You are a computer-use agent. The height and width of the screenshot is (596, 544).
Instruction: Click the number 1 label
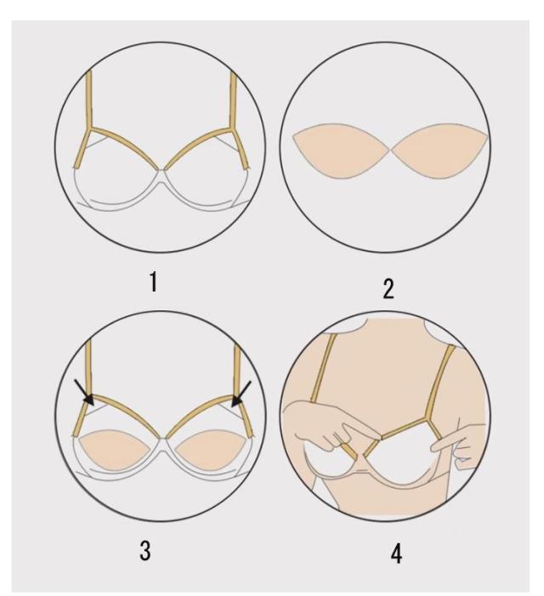click(x=153, y=282)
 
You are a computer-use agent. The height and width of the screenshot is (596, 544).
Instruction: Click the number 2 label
click(x=388, y=289)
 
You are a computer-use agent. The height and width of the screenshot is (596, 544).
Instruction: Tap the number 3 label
click(x=144, y=551)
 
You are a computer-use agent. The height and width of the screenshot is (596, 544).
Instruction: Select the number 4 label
click(x=396, y=553)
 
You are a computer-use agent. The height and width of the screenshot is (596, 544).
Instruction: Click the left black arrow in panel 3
click(x=84, y=392)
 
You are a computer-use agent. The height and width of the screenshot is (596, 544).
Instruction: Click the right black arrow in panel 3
click(x=241, y=394)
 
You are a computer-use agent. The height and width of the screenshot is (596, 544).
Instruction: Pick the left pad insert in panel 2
click(x=342, y=150)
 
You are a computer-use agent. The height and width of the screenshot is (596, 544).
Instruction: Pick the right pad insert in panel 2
click(x=440, y=150)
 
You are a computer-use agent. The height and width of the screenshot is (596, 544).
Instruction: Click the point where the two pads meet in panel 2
click(x=391, y=150)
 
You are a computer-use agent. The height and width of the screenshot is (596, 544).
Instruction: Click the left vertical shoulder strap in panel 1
click(x=89, y=99)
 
